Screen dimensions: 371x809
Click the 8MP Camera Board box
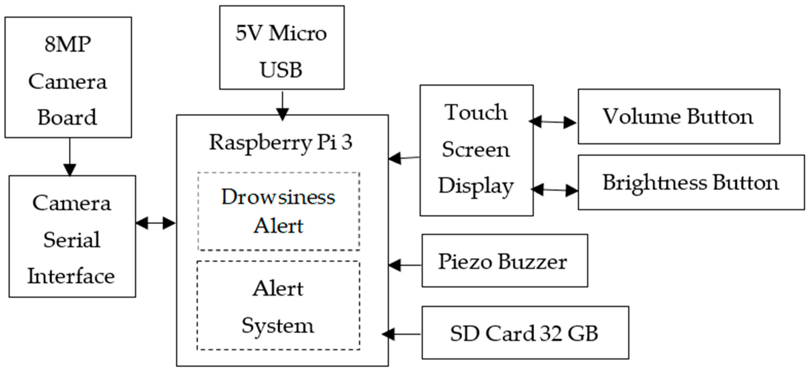pyautogui.click(x=68, y=77)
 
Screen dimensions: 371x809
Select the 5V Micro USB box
pyautogui.click(x=282, y=48)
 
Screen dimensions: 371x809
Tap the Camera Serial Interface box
pyautogui.click(x=72, y=236)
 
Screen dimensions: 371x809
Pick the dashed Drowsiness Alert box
pyautogui.click(x=278, y=211)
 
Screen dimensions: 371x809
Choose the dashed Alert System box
pyautogui.click(x=278, y=305)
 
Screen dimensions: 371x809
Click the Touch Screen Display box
pyautogui.click(x=476, y=150)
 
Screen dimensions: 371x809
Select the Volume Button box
pyautogui.click(x=679, y=116)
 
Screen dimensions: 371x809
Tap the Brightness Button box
pyautogui.click(x=691, y=182)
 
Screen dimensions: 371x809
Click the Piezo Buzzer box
pyautogui.click(x=504, y=261)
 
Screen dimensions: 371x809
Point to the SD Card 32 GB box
pyautogui.click(x=525, y=333)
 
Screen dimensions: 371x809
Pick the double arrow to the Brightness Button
pyautogui.click(x=555, y=190)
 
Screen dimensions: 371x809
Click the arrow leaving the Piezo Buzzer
pyautogui.click(x=405, y=265)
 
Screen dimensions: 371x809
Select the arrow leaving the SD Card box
pyautogui.click(x=402, y=334)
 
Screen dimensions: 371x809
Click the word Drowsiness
pyautogui.click(x=278, y=197)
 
